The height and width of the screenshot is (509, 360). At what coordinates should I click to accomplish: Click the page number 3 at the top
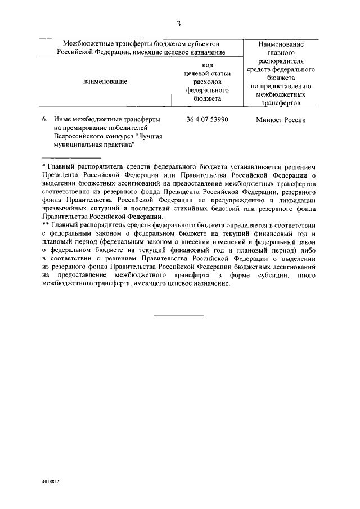179,24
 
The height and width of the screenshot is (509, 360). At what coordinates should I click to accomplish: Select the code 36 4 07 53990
206,120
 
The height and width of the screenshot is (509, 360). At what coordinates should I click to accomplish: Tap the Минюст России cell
280,120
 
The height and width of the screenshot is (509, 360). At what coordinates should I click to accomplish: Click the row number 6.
44,120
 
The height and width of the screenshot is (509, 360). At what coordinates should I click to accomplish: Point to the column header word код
206,65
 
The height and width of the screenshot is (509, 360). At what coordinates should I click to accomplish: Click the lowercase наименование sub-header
105,82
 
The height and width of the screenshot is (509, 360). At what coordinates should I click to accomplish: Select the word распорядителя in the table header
281,61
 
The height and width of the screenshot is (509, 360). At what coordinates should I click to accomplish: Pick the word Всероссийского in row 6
78,136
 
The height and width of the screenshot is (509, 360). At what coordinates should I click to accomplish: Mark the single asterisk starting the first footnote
44,167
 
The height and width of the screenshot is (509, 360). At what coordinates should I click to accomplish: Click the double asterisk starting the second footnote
46,224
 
